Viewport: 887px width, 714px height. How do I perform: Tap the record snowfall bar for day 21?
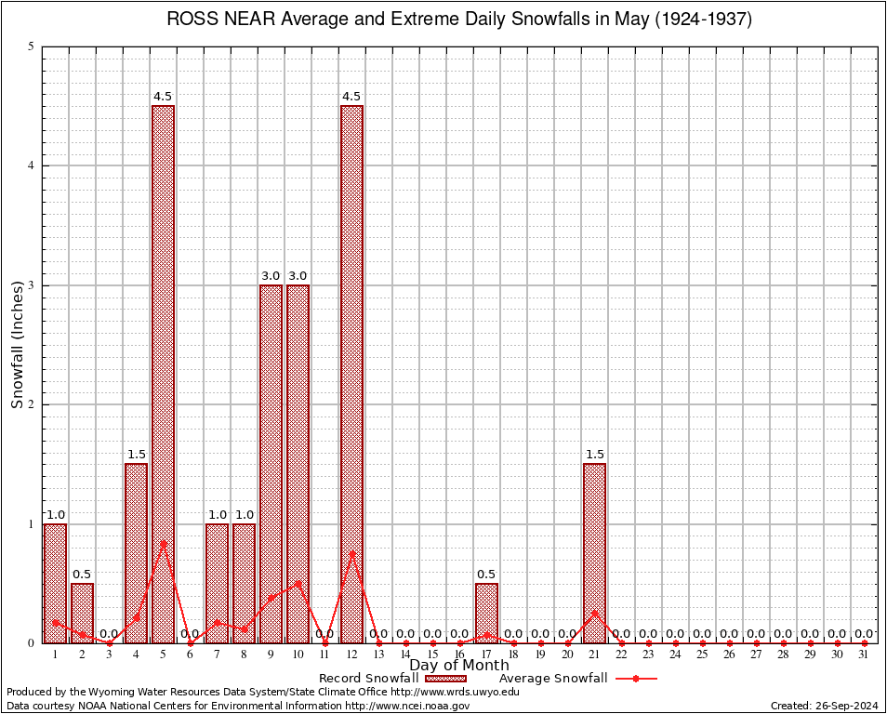click(x=594, y=552)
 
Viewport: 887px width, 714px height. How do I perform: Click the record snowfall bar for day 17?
click(x=486, y=613)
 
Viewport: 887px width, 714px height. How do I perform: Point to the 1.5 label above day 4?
click(x=136, y=455)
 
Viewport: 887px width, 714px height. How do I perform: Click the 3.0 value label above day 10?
click(x=298, y=276)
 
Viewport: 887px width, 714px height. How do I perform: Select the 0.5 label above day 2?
click(x=82, y=574)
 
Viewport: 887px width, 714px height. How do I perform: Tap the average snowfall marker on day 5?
click(x=163, y=543)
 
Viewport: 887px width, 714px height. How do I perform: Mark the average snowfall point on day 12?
click(x=351, y=553)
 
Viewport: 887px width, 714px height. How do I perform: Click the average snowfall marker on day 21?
click(x=594, y=613)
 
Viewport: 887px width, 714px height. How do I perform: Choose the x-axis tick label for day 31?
click(x=864, y=654)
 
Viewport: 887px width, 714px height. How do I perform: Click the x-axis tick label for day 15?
click(x=432, y=654)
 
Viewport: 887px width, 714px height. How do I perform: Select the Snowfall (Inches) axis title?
click(x=18, y=344)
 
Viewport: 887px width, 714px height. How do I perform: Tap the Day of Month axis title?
click(x=459, y=665)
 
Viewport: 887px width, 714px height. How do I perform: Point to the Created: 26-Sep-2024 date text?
click(x=824, y=706)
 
